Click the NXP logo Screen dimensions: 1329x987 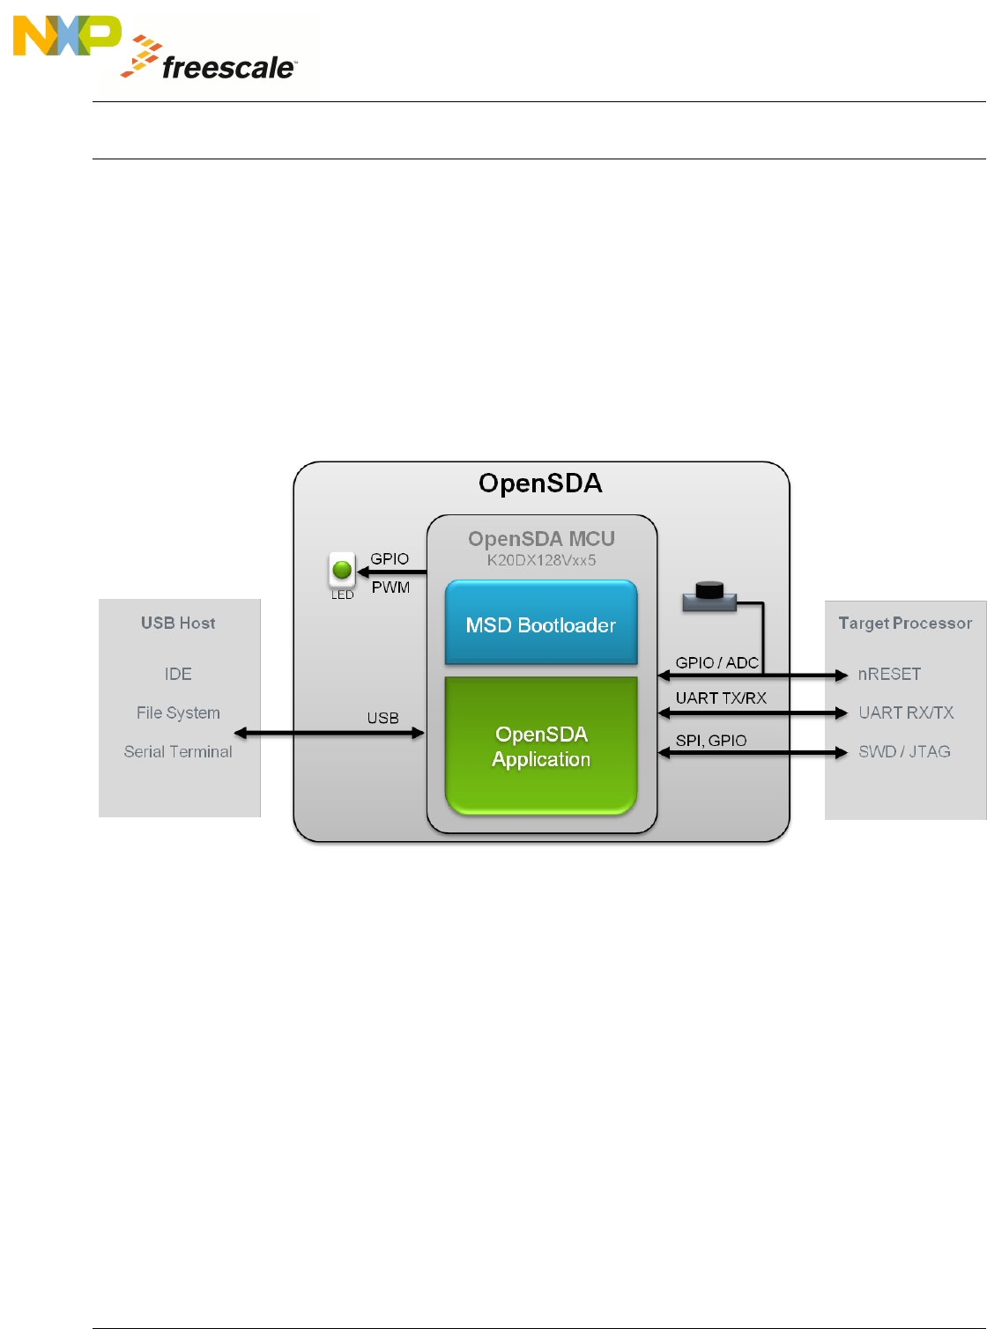pyautogui.click(x=67, y=36)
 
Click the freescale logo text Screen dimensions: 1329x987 pyautogui.click(x=228, y=68)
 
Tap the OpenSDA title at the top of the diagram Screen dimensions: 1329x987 pyautogui.click(x=540, y=484)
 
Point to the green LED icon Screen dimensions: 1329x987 pyautogui.click(x=342, y=570)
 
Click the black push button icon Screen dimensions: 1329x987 pyautogui.click(x=709, y=596)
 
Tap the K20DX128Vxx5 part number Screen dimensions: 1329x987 pyautogui.click(x=541, y=560)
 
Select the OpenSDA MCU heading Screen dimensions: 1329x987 pyautogui.click(x=541, y=539)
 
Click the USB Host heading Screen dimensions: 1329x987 pyautogui.click(x=178, y=624)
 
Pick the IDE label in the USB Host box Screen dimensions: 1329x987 pyautogui.click(x=178, y=674)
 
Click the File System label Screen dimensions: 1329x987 pyautogui.click(x=178, y=712)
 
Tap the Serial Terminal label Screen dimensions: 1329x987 pyautogui.click(x=178, y=751)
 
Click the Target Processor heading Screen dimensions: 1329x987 pyautogui.click(x=905, y=624)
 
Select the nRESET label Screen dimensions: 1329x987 pyautogui.click(x=889, y=674)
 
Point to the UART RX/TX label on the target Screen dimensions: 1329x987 pyautogui.click(x=906, y=712)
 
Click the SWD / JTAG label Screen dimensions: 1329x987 pyautogui.click(x=904, y=751)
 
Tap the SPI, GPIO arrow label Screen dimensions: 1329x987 pyautogui.click(x=711, y=741)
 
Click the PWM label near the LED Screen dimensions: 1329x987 pyautogui.click(x=390, y=587)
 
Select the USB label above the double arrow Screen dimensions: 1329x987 pyautogui.click(x=382, y=718)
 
